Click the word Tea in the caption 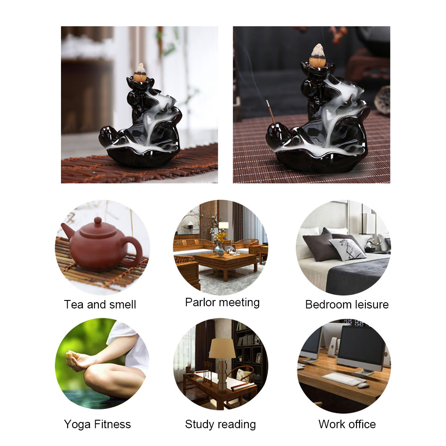(x=74, y=304)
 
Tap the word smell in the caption (x=122, y=304)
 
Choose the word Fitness (x=112, y=424)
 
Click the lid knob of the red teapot (x=97, y=220)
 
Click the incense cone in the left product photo (x=140, y=73)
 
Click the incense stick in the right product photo (x=271, y=112)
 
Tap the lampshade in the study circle (x=222, y=348)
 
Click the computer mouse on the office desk (x=363, y=385)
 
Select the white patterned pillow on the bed (x=347, y=249)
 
